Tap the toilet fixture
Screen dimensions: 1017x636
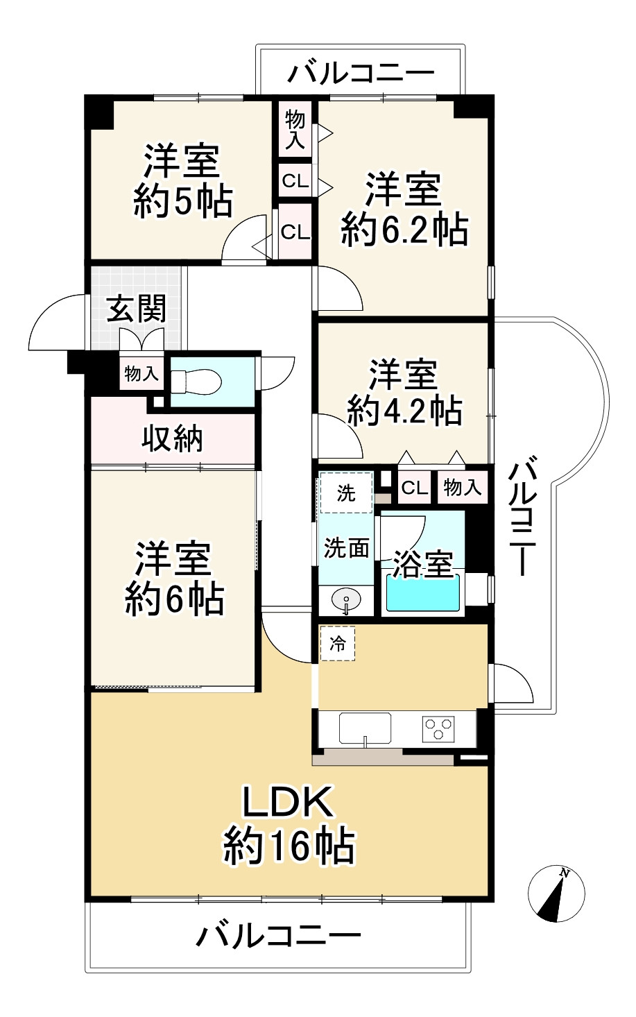point(196,381)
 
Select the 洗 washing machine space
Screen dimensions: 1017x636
point(346,493)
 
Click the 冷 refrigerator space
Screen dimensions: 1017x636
point(338,643)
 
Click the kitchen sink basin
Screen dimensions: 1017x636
point(365,729)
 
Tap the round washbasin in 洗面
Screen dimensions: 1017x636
point(345,599)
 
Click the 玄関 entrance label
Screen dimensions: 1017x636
point(137,309)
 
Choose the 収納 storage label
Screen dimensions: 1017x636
point(173,438)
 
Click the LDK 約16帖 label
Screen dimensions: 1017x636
point(289,826)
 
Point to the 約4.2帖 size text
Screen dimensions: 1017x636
point(404,411)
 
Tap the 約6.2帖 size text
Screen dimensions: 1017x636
point(404,230)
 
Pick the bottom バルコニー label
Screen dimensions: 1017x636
point(278,936)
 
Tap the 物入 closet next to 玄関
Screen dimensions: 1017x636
point(141,374)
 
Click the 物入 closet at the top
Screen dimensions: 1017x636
point(295,130)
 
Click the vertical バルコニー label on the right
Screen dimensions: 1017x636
point(524,516)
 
